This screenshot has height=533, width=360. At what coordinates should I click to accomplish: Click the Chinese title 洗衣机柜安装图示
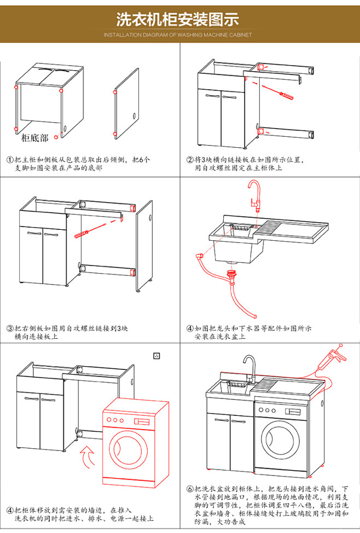[178, 20]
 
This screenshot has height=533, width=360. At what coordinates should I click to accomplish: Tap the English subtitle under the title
[178, 35]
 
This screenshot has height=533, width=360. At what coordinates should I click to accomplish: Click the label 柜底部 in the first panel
[34, 138]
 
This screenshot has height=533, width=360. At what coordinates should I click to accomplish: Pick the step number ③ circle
[9, 329]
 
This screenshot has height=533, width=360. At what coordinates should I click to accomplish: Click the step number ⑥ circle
[190, 489]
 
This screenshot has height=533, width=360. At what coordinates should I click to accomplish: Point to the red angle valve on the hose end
[198, 256]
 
